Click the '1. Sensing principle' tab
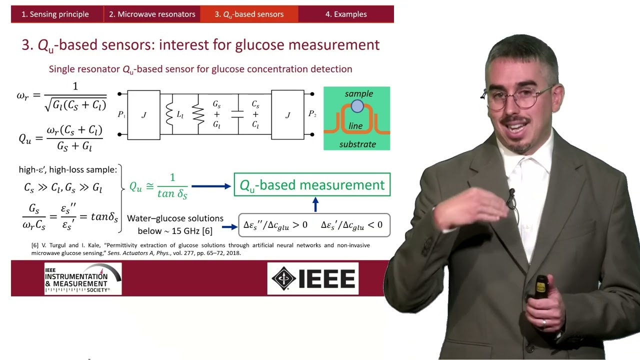pyautogui.click(x=55, y=14)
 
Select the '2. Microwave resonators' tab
pyautogui.click(x=152, y=14)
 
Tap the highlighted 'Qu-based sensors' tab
pyautogui.click(x=249, y=14)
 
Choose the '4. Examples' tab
pyautogui.click(x=346, y=14)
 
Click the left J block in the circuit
pyautogui.click(x=143, y=115)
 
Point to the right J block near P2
pyautogui.click(x=287, y=115)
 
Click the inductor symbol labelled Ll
pyautogui.click(x=169, y=114)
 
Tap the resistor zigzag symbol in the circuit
pyautogui.click(x=198, y=114)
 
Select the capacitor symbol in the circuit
pyautogui.click(x=237, y=114)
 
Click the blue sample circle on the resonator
pyautogui.click(x=357, y=106)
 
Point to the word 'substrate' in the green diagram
pyautogui.click(x=357, y=144)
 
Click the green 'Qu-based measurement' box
pyautogui.click(x=312, y=185)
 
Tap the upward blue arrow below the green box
pyautogui.click(x=315, y=204)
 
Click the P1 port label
pyautogui.click(x=121, y=114)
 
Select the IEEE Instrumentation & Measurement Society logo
pyautogui.click(x=83, y=278)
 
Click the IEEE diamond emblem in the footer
pyautogui.click(x=283, y=278)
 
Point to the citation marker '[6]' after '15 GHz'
pyautogui.click(x=207, y=231)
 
